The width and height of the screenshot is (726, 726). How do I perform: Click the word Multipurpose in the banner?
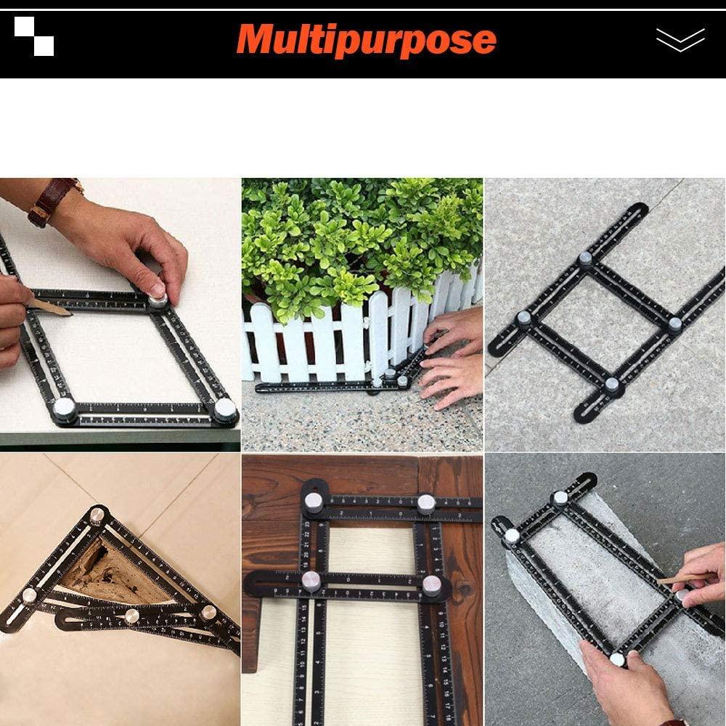tap(366, 40)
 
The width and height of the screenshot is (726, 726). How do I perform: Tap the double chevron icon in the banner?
tap(680, 40)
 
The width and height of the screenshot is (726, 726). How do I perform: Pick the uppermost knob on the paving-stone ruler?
tap(585, 258)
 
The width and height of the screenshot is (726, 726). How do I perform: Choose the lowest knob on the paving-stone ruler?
tap(612, 385)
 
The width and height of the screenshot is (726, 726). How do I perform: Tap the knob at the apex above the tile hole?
tap(96, 517)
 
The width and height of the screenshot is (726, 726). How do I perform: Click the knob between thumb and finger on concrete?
tap(617, 659)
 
